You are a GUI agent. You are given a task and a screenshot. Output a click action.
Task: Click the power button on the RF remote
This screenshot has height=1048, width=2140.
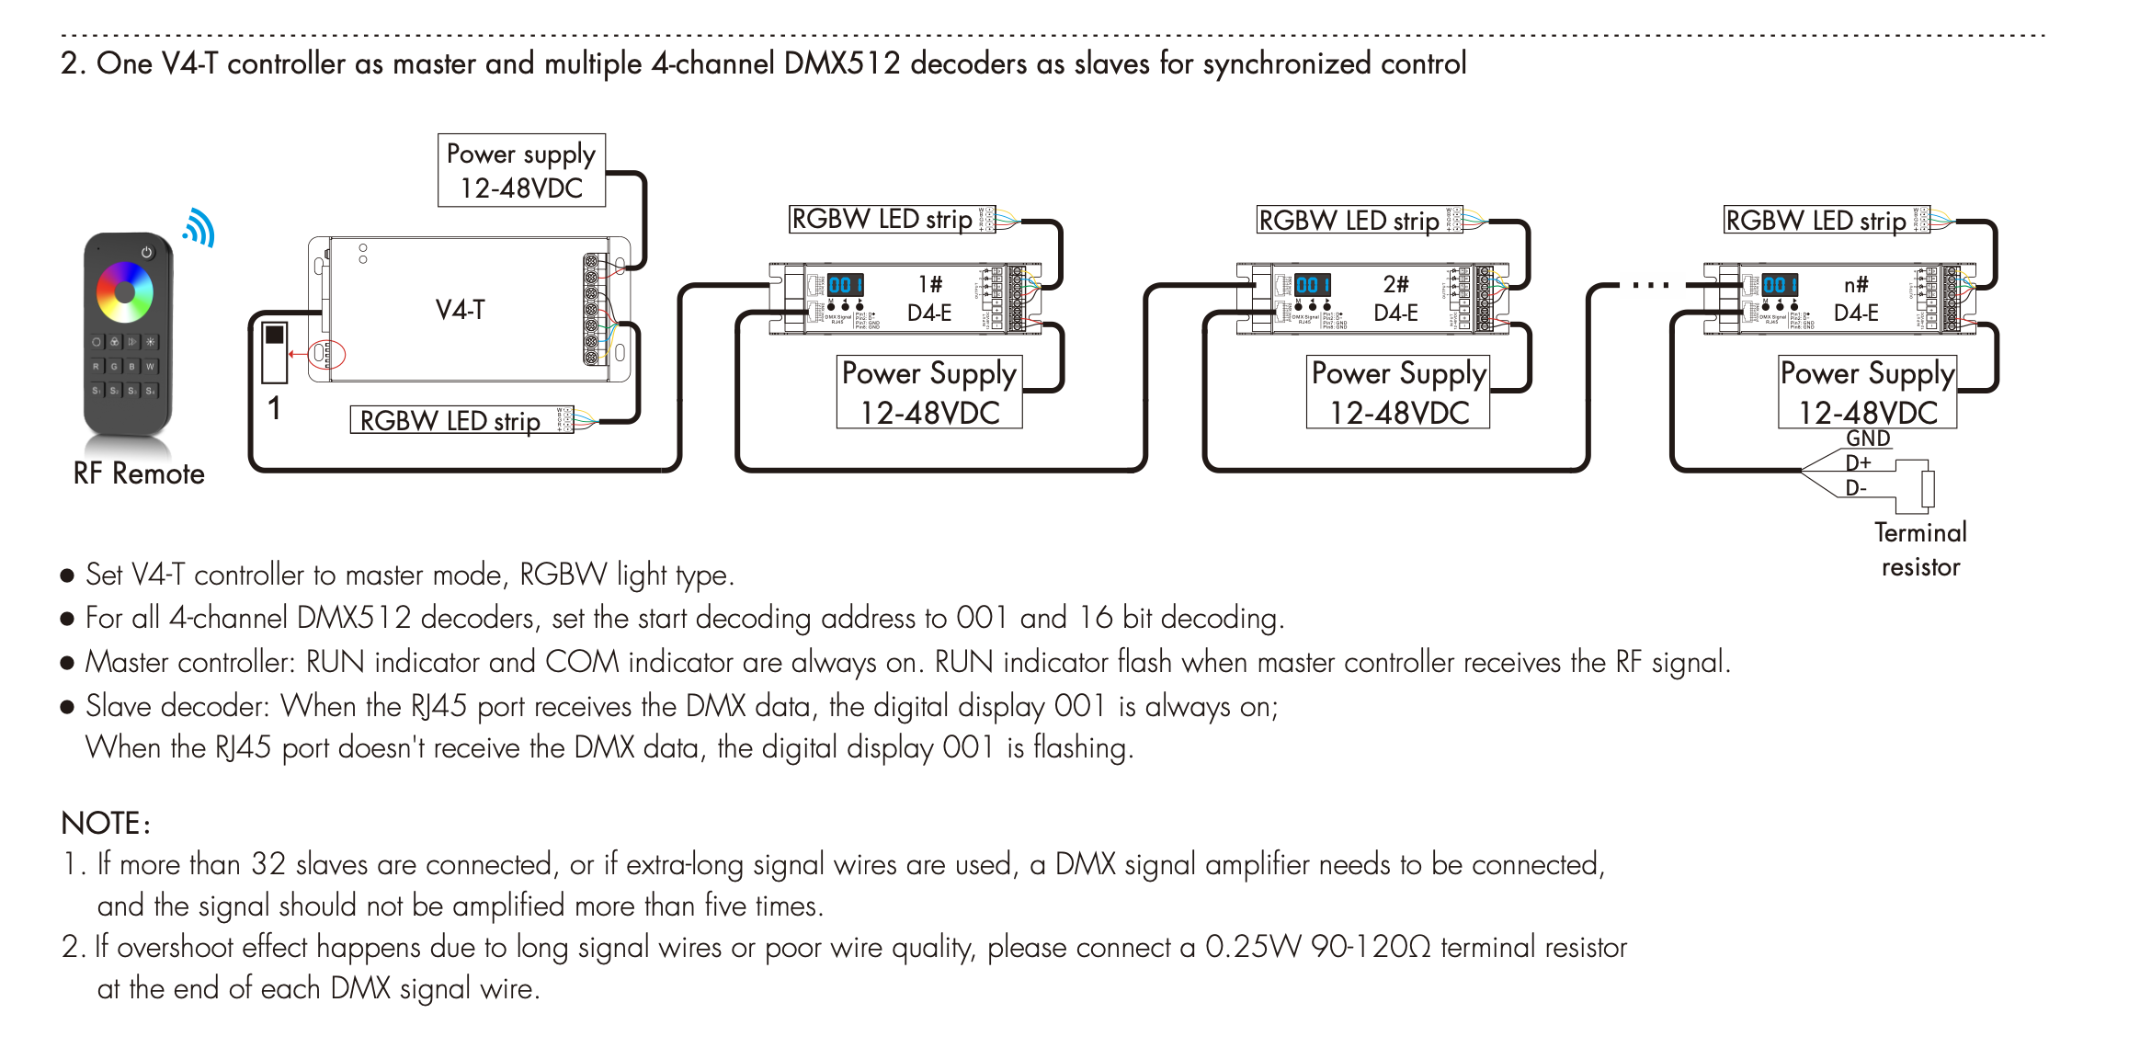[147, 252]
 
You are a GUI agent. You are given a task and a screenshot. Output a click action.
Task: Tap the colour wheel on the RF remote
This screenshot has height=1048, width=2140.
[125, 292]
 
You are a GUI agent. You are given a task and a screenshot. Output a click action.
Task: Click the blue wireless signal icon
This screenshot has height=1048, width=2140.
[199, 227]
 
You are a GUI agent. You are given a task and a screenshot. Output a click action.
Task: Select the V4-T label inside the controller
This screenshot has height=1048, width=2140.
[460, 310]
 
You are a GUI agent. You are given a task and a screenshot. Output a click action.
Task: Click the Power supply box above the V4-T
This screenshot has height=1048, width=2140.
[521, 171]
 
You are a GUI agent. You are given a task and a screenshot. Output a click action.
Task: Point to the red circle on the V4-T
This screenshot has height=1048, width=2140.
[325, 354]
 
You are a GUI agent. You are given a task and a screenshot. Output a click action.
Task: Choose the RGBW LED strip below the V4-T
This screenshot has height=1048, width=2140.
[450, 421]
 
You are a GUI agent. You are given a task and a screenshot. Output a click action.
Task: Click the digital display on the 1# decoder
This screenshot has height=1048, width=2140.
[845, 285]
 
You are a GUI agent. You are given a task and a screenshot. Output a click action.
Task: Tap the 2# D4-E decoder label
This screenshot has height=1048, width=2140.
[1395, 299]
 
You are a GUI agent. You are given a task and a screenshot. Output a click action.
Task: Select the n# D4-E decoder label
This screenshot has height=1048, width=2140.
[1856, 299]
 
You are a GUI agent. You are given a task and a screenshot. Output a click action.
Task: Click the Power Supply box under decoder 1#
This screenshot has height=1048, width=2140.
[929, 393]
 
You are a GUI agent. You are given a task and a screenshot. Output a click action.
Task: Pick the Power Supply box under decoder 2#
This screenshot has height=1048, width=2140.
[1398, 393]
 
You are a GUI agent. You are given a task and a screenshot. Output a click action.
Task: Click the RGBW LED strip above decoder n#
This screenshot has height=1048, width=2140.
[1816, 221]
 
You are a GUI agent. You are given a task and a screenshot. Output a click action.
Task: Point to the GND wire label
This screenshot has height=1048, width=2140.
[1868, 439]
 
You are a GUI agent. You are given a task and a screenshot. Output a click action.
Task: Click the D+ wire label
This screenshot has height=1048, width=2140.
[1858, 462]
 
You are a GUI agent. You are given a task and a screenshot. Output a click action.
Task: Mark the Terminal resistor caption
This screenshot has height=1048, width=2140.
[1920, 550]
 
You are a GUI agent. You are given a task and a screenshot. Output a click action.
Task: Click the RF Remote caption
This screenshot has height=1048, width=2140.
[139, 473]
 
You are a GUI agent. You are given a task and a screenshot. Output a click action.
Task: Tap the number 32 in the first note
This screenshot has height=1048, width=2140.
[268, 864]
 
